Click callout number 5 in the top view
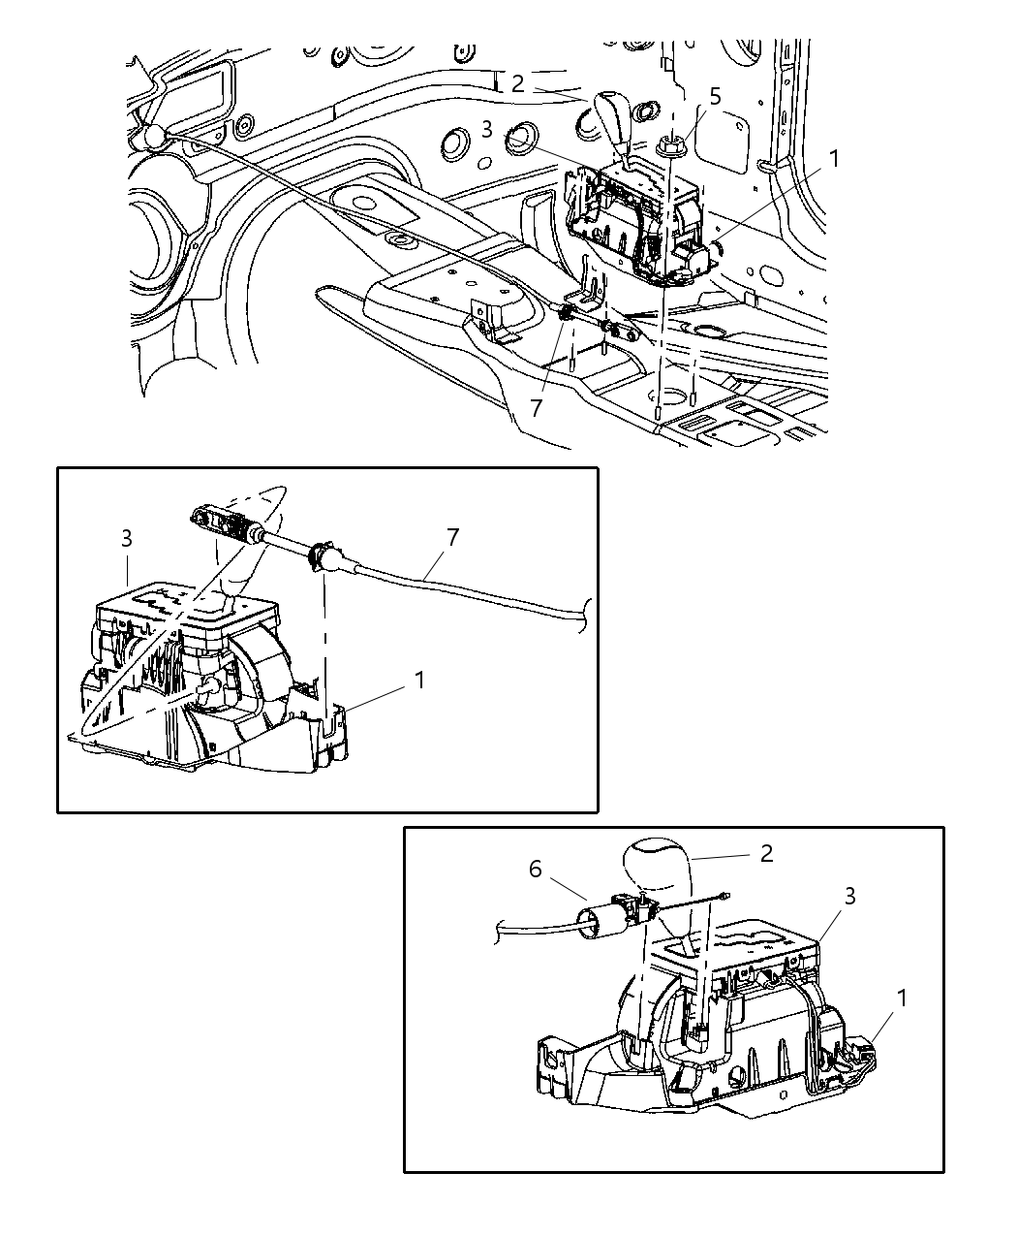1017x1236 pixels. (x=715, y=96)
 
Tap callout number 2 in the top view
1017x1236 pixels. (x=518, y=84)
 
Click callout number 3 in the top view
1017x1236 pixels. (x=487, y=129)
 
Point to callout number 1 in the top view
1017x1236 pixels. (x=834, y=158)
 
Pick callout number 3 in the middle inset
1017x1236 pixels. (x=127, y=539)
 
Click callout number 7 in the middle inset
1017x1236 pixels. (x=453, y=536)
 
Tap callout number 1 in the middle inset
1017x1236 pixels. (x=419, y=681)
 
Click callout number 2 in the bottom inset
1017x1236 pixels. (x=766, y=853)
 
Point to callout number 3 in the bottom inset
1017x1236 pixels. (x=849, y=897)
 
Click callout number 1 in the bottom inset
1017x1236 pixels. (x=902, y=997)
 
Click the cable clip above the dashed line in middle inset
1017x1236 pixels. (x=320, y=558)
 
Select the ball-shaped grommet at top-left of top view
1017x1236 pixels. (x=150, y=136)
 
